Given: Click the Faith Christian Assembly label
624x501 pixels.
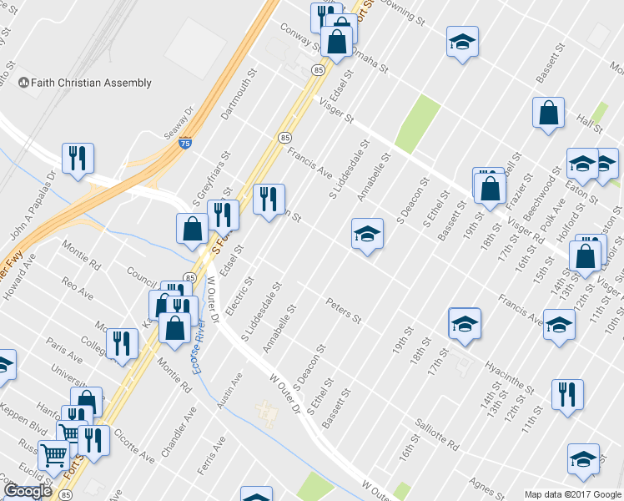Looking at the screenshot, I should [85, 83].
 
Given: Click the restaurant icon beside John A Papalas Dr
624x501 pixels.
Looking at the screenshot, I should [78, 157].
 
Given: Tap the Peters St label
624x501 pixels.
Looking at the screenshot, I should [344, 311].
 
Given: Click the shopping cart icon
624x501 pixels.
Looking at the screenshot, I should [54, 456].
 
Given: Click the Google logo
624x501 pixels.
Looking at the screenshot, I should [28, 492].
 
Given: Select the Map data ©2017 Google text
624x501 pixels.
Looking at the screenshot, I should [573, 494].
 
